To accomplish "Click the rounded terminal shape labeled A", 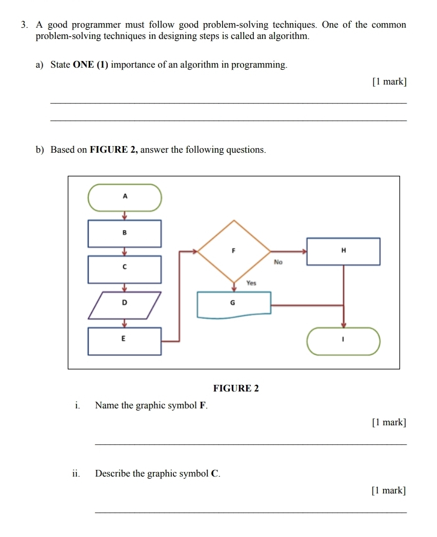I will point(125,197).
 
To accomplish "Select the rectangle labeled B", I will point(125,233).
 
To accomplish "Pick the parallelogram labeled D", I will point(124,305).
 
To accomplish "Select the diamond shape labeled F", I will point(234,251).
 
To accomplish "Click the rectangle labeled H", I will point(343,251).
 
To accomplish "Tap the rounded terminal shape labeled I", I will point(344,340).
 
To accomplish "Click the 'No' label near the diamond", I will point(279,262).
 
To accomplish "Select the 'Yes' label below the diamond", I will point(251,282).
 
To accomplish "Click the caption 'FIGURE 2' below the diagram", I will point(236,388).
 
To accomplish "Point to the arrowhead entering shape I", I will point(344,325).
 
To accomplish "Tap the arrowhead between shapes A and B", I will point(124,216).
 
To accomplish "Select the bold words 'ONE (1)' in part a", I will point(91,65).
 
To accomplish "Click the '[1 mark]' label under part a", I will point(389,81).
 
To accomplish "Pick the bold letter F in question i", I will point(203,406).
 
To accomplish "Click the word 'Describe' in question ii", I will point(113,473).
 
